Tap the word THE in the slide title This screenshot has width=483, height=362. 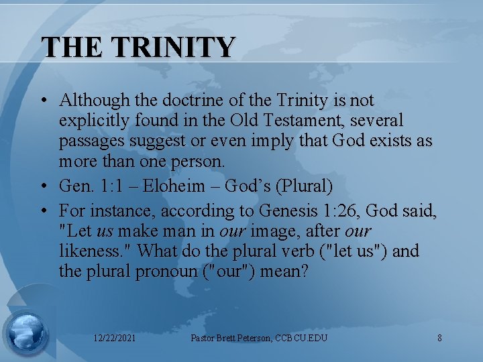[73, 47]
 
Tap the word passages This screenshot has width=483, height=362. [89, 142]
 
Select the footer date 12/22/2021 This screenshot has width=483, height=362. [114, 338]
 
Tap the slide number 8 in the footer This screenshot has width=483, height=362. [439, 338]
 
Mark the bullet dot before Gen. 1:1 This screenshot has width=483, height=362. [43, 185]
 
